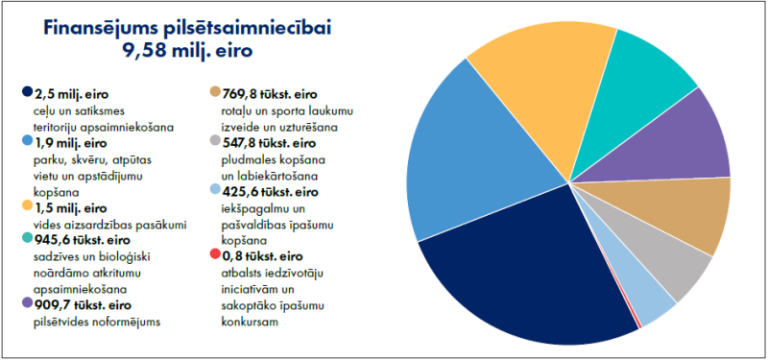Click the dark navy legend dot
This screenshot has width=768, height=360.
tap(25, 92)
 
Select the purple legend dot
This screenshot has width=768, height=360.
tap(25, 303)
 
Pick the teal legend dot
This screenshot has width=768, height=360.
tap(25, 240)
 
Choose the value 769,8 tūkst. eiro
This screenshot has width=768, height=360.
tap(263, 93)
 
